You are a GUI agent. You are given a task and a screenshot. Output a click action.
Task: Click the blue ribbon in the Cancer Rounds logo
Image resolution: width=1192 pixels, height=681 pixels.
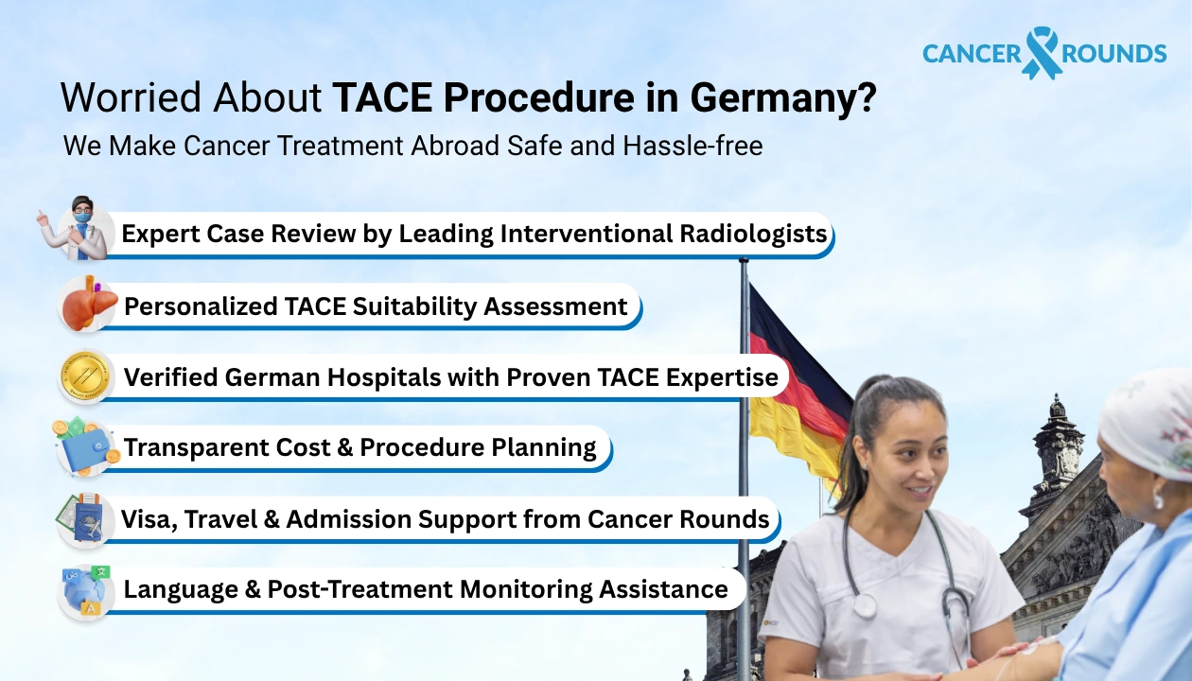1042,52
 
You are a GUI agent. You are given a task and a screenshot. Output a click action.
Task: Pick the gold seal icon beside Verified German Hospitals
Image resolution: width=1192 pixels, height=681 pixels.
86,376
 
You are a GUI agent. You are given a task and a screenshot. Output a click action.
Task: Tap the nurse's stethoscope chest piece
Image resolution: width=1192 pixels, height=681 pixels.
864,605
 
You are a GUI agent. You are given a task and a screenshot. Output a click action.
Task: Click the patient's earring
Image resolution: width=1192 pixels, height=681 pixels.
1159,498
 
